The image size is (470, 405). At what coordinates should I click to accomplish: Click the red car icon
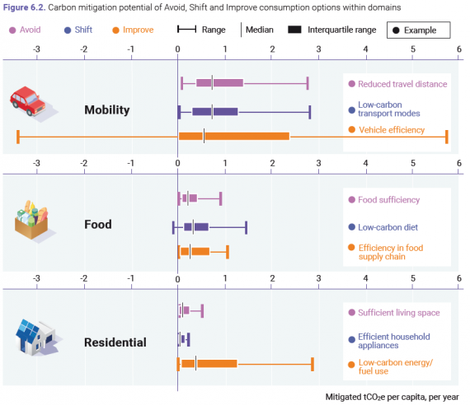point(28,101)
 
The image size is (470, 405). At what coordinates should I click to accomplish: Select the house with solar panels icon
point(36,337)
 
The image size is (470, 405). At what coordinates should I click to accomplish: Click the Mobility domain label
point(107,109)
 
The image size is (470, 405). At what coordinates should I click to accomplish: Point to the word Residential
point(115,342)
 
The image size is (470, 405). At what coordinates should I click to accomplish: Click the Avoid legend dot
point(12,30)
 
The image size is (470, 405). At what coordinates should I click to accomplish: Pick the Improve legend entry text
point(139,30)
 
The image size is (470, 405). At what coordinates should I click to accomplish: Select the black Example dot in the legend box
point(396,30)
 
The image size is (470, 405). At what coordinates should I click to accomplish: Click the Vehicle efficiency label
point(392,130)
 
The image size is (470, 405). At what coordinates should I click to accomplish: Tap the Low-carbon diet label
point(388,227)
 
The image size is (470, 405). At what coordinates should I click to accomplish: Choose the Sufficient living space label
point(398,313)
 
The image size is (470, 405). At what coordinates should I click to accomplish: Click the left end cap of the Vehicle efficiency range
point(18,137)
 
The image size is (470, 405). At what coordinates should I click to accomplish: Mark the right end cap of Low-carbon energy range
point(313,364)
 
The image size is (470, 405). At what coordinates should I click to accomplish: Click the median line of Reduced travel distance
point(212,83)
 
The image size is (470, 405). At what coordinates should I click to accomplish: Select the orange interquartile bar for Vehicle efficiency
point(234,137)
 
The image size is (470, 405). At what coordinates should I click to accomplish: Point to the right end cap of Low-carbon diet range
point(246,227)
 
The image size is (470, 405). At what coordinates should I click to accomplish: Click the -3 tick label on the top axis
point(36,49)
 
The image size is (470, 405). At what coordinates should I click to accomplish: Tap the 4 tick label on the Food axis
point(365,163)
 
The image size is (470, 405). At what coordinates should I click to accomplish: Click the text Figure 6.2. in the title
point(24,7)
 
